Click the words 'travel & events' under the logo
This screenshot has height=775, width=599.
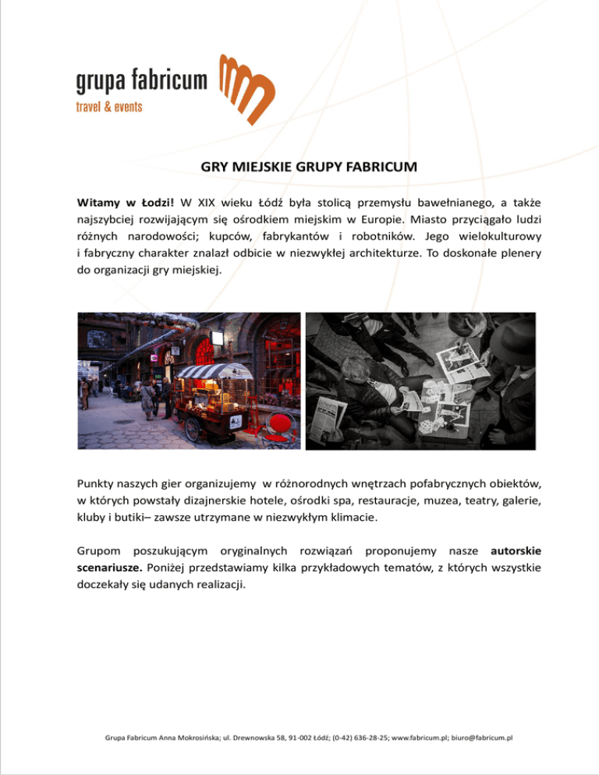tap(108, 107)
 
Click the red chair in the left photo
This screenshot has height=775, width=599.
tap(278, 424)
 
